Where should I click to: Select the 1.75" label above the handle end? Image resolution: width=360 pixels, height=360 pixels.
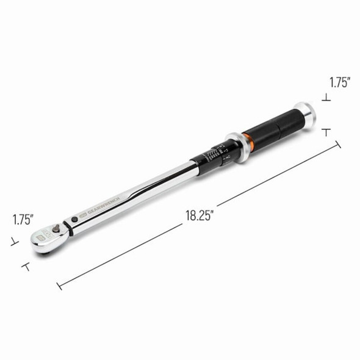(340, 82)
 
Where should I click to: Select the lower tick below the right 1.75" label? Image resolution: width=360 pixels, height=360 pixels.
(328, 130)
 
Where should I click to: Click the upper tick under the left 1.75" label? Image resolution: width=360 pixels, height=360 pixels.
(12, 242)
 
